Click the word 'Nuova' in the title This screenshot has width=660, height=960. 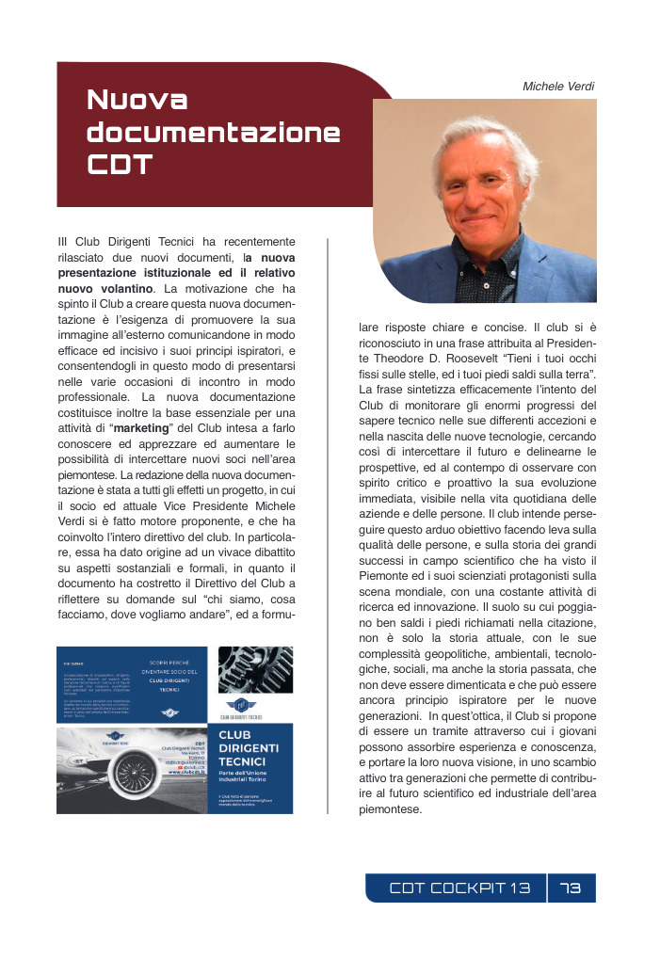point(137,100)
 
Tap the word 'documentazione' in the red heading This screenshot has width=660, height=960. point(213,133)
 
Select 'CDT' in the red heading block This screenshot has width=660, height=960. point(119,166)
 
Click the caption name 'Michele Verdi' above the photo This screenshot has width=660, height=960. point(558,86)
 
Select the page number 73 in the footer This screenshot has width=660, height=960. point(571,888)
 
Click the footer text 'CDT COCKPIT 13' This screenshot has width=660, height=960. point(460,888)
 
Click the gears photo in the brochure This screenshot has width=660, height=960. point(255,669)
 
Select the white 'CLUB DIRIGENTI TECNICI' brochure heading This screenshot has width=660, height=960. point(248,748)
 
